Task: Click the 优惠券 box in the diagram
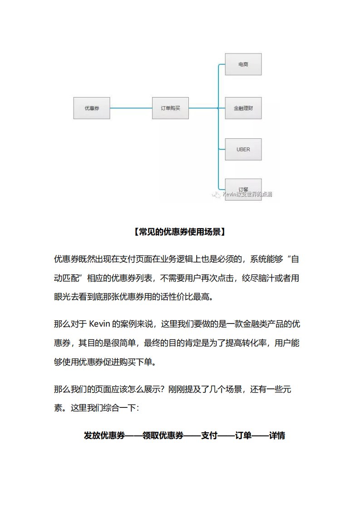[92, 108]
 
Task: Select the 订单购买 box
[170, 108]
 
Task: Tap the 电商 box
[243, 64]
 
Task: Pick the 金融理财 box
[243, 108]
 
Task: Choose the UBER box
[243, 149]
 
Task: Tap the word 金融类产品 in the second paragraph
[263, 324]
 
